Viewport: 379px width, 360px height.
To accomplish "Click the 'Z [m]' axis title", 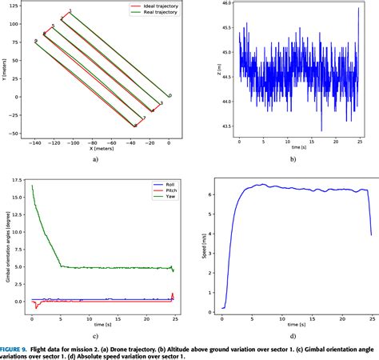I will click(x=213, y=70).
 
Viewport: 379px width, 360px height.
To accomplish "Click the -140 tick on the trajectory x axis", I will click(x=34, y=142).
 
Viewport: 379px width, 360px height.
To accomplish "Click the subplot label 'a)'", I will click(x=95, y=159).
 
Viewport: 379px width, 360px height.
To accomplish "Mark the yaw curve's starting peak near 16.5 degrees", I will click(x=32, y=186).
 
